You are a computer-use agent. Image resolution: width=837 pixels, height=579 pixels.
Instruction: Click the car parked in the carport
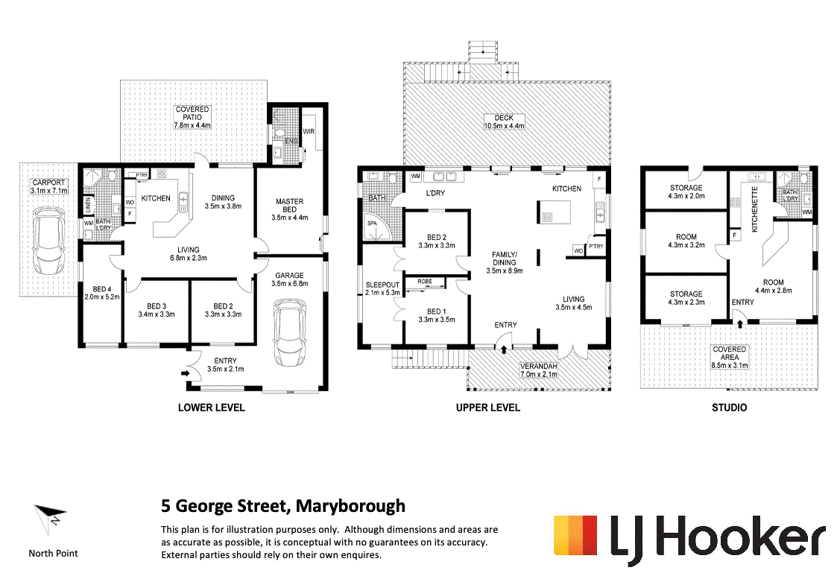point(48,240)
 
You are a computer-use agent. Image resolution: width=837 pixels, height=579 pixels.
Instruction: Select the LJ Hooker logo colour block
point(575,535)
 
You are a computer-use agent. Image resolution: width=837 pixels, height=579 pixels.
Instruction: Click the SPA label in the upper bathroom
point(372,223)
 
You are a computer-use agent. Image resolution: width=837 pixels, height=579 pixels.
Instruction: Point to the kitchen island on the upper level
point(554,212)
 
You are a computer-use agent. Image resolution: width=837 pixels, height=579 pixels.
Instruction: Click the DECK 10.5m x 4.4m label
point(504,121)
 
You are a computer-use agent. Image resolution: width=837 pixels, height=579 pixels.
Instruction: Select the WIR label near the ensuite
point(309,131)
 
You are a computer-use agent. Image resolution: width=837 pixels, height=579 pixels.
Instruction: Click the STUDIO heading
point(729,408)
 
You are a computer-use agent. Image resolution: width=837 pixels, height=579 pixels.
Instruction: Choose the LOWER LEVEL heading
point(212,408)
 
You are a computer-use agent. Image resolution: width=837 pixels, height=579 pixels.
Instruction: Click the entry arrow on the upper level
point(504,349)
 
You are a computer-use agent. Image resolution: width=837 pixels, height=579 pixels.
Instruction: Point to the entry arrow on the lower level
point(186,373)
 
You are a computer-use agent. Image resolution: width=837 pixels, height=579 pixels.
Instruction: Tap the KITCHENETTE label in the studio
point(755,209)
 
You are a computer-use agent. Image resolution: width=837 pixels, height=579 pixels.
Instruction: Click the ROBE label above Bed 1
point(425,281)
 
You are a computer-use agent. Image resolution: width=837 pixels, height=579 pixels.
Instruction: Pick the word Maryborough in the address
point(351,506)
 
